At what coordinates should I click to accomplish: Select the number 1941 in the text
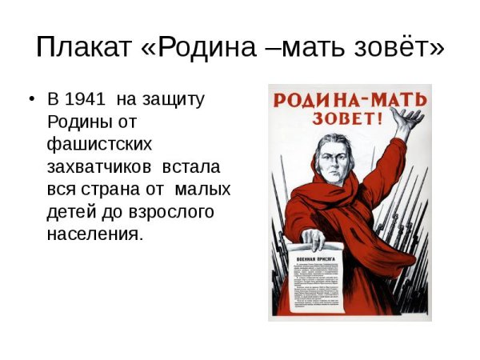[85, 101]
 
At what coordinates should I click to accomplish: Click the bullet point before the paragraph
[31, 101]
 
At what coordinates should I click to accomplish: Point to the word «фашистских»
[94, 146]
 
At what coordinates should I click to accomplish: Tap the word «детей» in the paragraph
[71, 213]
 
